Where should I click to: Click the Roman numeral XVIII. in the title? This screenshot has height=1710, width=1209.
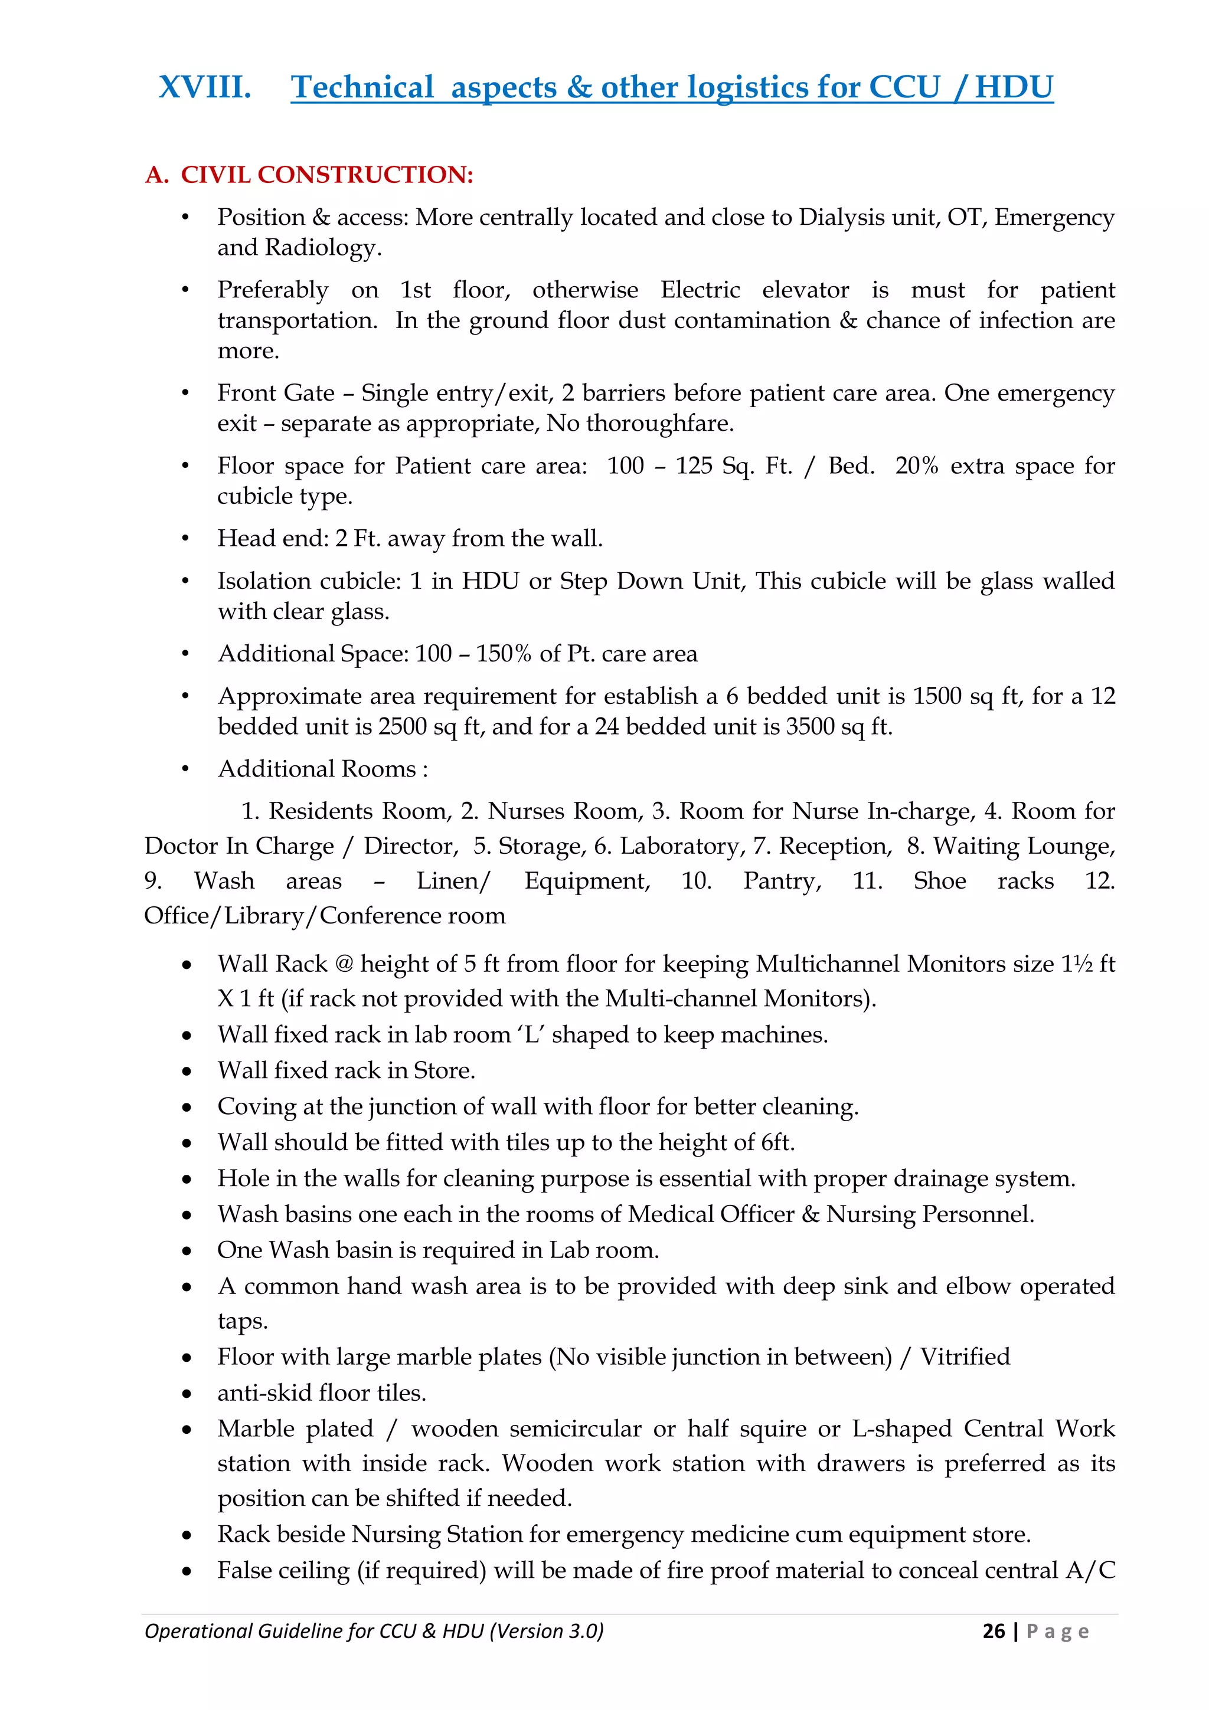pyautogui.click(x=205, y=87)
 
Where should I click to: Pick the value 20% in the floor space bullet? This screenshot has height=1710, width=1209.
pyautogui.click(x=916, y=466)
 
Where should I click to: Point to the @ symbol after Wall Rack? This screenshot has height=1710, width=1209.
pyautogui.click(x=344, y=964)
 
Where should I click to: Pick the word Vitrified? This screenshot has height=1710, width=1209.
pyautogui.click(x=965, y=1357)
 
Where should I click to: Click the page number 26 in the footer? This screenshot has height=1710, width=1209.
pyautogui.click(x=993, y=1631)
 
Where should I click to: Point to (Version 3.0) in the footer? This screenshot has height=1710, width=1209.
pyautogui.click(x=546, y=1631)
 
